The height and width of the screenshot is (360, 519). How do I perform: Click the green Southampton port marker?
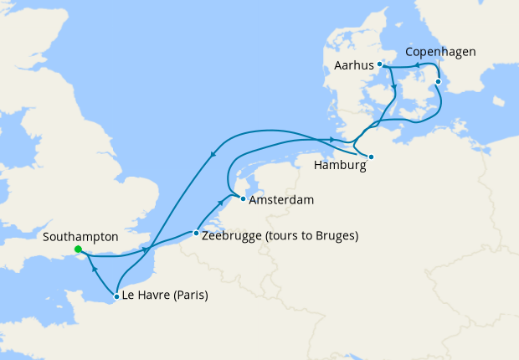(x=77, y=249)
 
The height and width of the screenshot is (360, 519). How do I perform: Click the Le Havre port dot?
(x=116, y=296)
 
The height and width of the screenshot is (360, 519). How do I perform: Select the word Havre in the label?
(x=154, y=296)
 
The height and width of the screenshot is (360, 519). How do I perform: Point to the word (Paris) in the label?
(x=191, y=296)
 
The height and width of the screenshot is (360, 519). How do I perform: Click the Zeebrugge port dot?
(x=196, y=234)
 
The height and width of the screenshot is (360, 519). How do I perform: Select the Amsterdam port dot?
(x=242, y=198)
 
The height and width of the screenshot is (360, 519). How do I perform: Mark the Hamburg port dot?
(x=371, y=157)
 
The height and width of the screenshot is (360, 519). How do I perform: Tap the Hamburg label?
(x=340, y=166)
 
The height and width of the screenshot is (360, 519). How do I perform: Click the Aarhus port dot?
(x=379, y=64)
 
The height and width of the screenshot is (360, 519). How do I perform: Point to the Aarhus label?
(x=352, y=64)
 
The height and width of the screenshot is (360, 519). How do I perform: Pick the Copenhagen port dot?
(x=437, y=81)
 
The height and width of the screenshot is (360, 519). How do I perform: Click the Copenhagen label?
(x=440, y=52)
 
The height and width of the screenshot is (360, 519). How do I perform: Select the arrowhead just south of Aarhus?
(x=393, y=86)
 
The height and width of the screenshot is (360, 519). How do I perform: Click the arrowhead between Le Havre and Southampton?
(x=93, y=269)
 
